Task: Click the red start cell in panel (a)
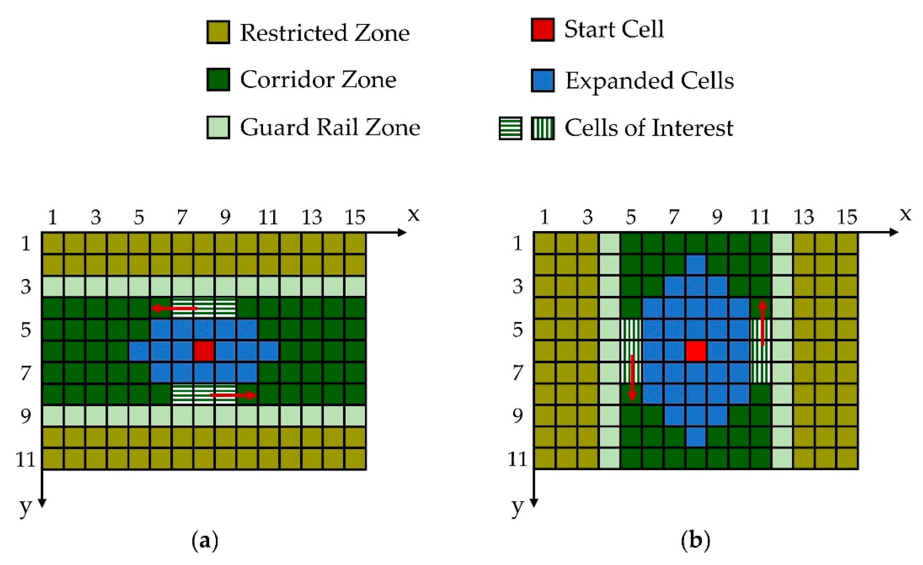tap(204, 351)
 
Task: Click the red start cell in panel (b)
tap(696, 351)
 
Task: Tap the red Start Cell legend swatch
tap(542, 29)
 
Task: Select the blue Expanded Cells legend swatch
tap(542, 80)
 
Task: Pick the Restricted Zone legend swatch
tap(218, 32)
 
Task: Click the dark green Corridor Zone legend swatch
tap(218, 79)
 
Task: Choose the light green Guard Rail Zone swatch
tap(218, 127)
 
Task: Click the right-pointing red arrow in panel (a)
tap(233, 395)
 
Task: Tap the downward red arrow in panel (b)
tap(632, 378)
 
